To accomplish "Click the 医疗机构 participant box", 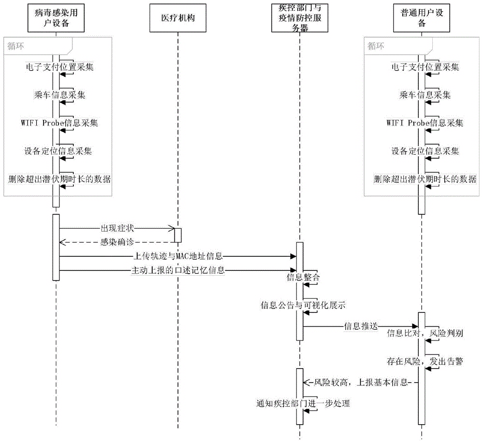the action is [178, 18].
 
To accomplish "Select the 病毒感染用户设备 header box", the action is [56, 18].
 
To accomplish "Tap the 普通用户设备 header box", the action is [421, 18].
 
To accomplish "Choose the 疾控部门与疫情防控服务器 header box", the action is [300, 18].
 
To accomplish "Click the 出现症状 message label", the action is [117, 229].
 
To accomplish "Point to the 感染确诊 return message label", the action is [117, 242].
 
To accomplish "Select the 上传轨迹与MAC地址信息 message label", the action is [178, 256].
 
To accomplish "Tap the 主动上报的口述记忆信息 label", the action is [178, 270].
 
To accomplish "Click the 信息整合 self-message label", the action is [303, 277].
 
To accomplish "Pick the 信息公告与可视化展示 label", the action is [303, 305].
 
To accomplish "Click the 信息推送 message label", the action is [361, 326].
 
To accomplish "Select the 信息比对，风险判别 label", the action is [425, 333].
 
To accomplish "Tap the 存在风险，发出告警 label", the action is [425, 361].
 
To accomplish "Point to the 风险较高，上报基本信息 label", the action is [361, 383].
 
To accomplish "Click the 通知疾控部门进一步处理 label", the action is [303, 403].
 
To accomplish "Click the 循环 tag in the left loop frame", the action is [15, 46].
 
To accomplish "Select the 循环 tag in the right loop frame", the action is [376, 46].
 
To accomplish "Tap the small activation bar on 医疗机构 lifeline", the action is [178, 236].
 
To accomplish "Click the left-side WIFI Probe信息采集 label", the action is [59, 123].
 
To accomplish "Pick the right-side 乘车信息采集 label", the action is [425, 95].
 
